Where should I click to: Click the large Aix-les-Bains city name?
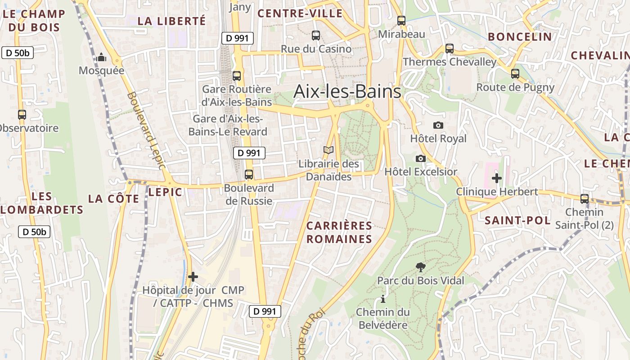coord(347,92)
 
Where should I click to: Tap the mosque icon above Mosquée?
coord(101,57)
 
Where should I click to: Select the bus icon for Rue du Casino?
coord(316,35)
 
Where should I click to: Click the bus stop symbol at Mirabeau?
coord(401,20)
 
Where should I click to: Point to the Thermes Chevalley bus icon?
coord(449,48)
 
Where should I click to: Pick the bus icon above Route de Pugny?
coord(515,73)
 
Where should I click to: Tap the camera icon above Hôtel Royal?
coord(438,125)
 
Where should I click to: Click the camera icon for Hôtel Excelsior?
coord(421,158)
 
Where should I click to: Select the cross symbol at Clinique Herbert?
coord(497,178)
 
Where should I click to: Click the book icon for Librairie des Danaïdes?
coord(328,150)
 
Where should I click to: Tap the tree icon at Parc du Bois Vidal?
coord(420,267)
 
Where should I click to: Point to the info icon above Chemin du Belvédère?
coord(383,298)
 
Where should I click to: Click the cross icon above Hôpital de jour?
coord(193,276)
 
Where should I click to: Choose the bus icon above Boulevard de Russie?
coord(249,174)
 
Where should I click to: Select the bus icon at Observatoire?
coord(22,115)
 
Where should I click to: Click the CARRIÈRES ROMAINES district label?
coord(339,232)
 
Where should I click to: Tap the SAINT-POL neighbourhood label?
coord(517,220)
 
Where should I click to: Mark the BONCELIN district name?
coord(520,37)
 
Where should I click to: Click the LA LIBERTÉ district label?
coord(171,21)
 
